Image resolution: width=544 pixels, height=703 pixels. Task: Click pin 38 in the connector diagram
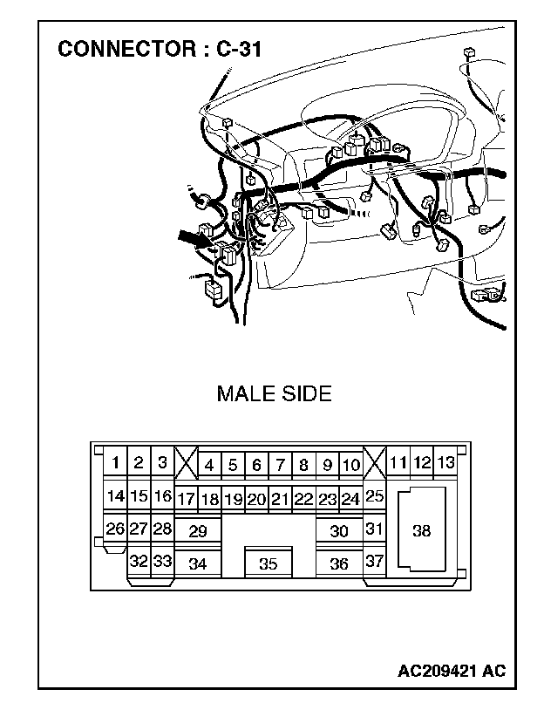[x=421, y=530]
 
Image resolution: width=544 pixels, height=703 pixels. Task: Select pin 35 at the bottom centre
[x=268, y=564]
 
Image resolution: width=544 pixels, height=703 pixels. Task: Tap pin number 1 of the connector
[x=115, y=463]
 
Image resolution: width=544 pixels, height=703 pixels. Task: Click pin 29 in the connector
[x=198, y=531]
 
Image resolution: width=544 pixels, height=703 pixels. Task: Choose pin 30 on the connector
[x=339, y=531]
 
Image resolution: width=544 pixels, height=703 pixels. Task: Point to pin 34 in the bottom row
[x=198, y=564]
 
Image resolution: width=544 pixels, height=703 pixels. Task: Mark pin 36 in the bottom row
[x=339, y=564]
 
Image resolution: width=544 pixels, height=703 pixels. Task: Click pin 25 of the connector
[x=374, y=496]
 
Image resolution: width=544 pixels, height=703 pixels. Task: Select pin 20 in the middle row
[x=255, y=500]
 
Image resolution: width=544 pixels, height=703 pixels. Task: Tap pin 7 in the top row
[x=280, y=466]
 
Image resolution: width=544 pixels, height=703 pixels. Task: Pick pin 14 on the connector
[x=115, y=496]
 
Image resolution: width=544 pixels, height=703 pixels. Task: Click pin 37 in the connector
[x=374, y=561]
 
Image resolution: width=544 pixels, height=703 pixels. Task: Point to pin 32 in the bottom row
[x=139, y=561]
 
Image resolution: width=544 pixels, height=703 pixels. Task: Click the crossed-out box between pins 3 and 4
[x=186, y=463]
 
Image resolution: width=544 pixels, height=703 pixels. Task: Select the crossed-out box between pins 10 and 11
[x=374, y=462]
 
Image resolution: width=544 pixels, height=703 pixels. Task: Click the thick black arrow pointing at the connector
[x=194, y=238]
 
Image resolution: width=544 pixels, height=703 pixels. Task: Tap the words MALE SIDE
[x=274, y=393]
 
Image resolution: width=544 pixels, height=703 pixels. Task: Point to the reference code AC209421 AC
[x=451, y=671]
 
